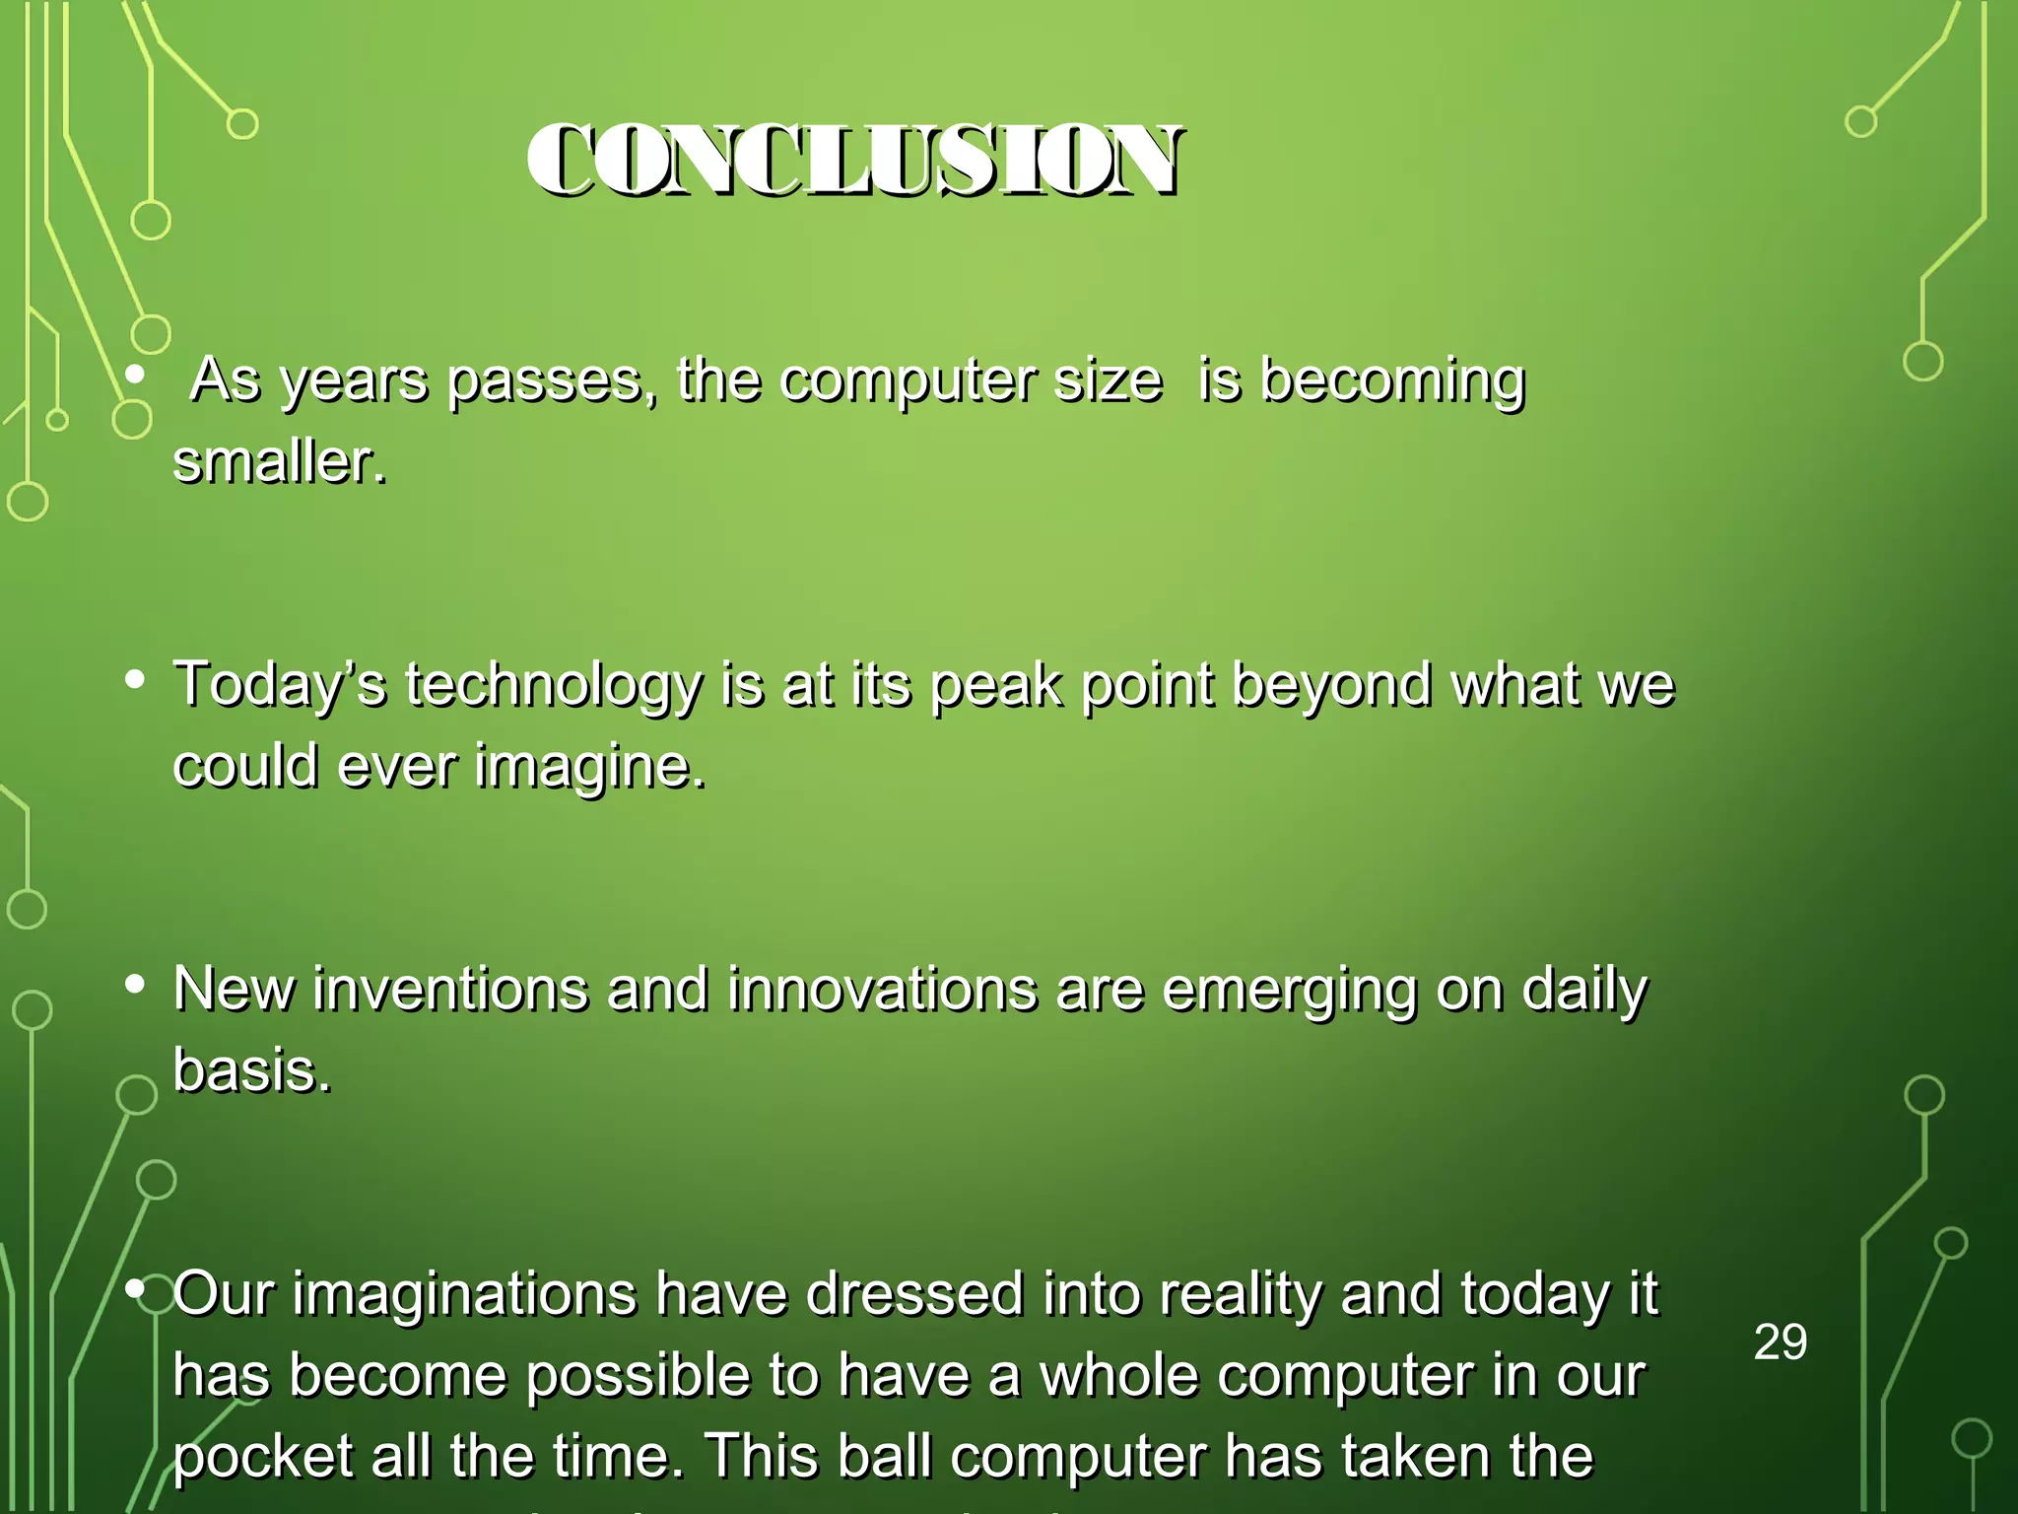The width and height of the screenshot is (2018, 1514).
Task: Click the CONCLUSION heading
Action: click(854, 161)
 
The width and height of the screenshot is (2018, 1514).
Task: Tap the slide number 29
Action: click(1781, 1342)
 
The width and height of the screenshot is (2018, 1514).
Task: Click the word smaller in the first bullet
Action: click(280, 461)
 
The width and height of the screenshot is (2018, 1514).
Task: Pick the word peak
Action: click(996, 684)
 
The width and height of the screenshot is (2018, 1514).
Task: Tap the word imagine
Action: click(590, 767)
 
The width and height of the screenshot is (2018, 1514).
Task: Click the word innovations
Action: click(882, 989)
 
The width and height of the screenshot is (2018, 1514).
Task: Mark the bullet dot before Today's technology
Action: click(136, 679)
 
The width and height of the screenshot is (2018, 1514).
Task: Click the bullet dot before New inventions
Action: click(136, 984)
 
